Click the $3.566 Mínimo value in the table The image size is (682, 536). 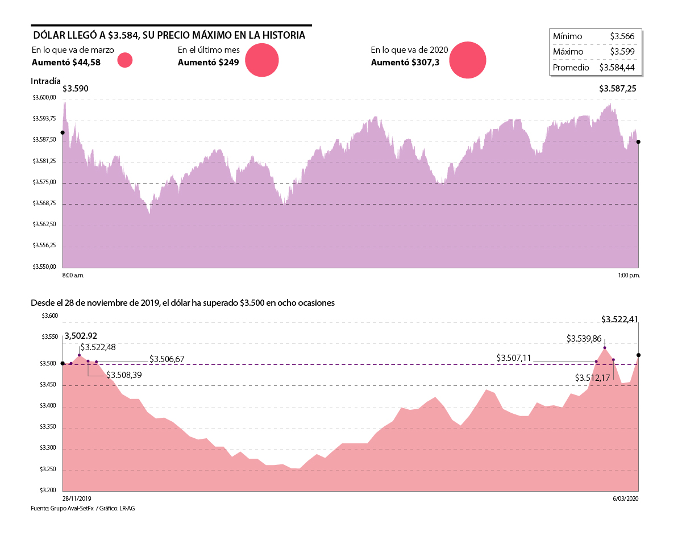click(x=622, y=36)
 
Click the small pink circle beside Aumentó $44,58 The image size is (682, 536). click(x=125, y=60)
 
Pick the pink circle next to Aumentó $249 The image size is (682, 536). click(x=262, y=60)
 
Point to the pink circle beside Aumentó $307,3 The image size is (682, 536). click(x=468, y=60)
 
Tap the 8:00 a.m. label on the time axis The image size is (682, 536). click(x=73, y=276)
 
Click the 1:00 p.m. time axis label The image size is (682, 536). click(x=629, y=276)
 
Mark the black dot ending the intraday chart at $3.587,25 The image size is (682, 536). click(x=638, y=142)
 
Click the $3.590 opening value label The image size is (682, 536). click(x=75, y=89)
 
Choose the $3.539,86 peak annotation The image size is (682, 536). click(x=584, y=338)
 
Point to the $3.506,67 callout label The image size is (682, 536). click(x=167, y=360)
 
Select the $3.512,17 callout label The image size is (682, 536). click(x=592, y=377)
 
